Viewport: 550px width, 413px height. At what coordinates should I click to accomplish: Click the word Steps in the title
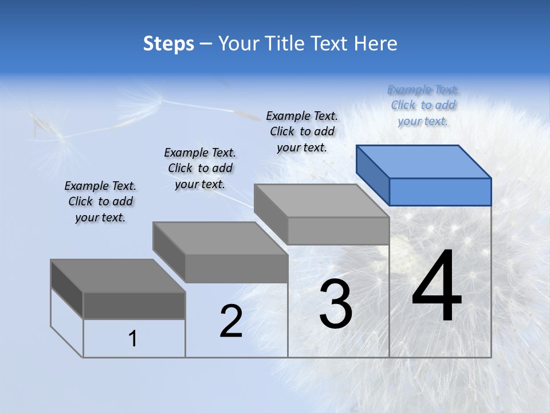pos(168,44)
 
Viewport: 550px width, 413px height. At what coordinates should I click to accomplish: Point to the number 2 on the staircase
pos(231,321)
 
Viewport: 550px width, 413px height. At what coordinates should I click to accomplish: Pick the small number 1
pos(133,338)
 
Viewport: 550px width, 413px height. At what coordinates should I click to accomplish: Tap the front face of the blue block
pos(440,192)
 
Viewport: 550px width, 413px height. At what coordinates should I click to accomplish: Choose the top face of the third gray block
pos(321,201)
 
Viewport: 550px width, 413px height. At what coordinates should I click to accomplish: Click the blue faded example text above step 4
pos(423,105)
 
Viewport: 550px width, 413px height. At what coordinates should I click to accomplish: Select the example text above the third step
pos(302,131)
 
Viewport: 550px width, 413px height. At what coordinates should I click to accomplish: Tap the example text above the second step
pos(200,168)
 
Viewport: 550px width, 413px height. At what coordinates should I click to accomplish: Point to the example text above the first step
pos(100,201)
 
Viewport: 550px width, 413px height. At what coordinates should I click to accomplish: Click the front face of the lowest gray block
pos(134,305)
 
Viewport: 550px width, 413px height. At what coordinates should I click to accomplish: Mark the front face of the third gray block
pos(338,231)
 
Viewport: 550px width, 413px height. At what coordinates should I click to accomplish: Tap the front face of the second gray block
pos(236,268)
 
